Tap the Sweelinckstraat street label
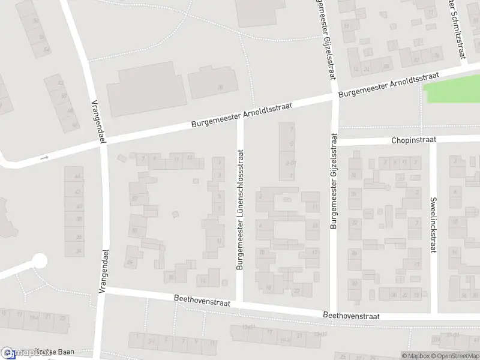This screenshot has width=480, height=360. (x=432, y=225)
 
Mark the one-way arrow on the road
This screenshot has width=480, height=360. (x=43, y=157)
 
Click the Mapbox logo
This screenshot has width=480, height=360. (x=18, y=353)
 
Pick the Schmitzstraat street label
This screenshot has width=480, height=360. (x=458, y=30)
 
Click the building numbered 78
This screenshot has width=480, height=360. (x=219, y=88)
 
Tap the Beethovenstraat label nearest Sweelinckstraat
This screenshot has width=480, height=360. (x=352, y=314)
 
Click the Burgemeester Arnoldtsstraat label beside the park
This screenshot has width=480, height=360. (x=389, y=86)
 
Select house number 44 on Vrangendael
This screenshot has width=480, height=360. (x=77, y=176)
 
